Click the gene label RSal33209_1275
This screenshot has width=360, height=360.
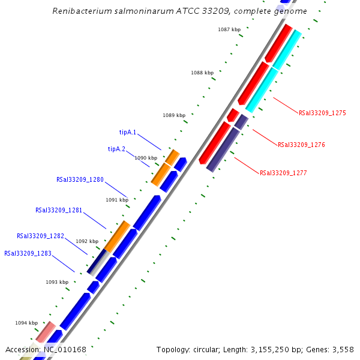tap(322, 113)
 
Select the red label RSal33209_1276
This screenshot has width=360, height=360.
tap(301, 145)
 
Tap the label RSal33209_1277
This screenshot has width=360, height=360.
tap(283, 173)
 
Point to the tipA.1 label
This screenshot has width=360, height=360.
tap(128, 132)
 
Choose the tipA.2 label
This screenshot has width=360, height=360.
tap(116, 149)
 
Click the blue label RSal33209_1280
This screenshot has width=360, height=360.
tap(80, 179)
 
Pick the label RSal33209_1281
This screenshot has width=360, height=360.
tap(59, 211)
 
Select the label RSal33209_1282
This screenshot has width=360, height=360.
tap(40, 236)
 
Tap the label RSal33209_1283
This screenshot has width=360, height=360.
tap(28, 253)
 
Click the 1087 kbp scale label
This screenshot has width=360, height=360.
tap(229, 29)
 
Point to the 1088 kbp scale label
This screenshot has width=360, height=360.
tap(202, 73)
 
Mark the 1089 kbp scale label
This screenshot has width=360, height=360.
tap(174, 115)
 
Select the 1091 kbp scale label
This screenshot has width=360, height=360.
tap(117, 200)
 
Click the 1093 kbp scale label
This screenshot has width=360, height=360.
tap(57, 282)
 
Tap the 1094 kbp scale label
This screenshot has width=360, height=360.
tap(26, 323)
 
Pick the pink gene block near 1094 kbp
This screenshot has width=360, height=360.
tap(46, 332)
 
